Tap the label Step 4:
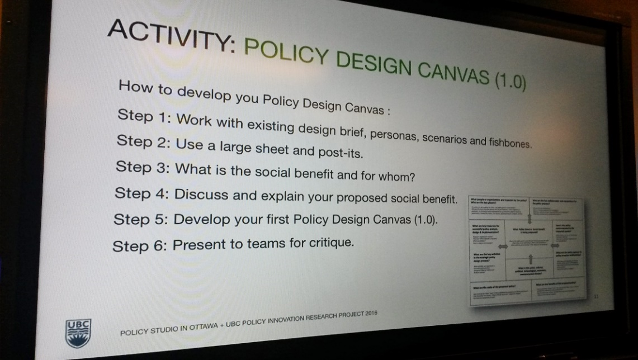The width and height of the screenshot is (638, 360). (x=140, y=193)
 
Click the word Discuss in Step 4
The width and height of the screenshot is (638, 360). (x=202, y=195)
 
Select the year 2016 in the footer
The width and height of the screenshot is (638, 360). (x=368, y=314)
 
